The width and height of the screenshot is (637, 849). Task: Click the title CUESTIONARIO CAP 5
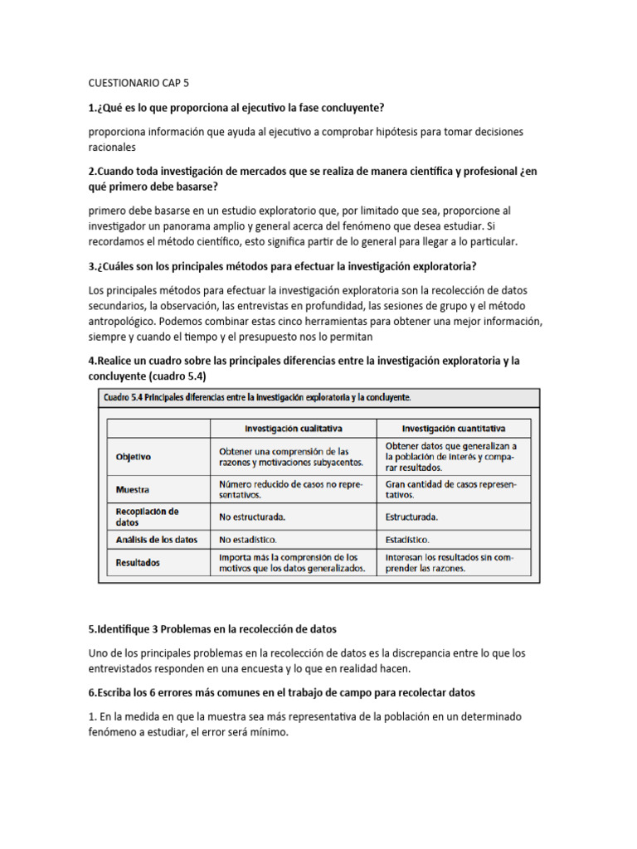click(139, 84)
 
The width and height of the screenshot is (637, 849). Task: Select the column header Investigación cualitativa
click(293, 429)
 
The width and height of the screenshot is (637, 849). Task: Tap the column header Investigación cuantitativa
click(454, 429)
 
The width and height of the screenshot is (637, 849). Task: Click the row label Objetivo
click(134, 457)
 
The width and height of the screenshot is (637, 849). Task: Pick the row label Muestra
click(132, 489)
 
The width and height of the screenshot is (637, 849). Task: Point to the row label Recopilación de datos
click(148, 517)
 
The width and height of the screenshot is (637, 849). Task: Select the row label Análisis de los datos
click(157, 540)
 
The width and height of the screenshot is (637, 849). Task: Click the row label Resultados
click(139, 562)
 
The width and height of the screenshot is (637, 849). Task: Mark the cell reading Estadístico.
click(411, 540)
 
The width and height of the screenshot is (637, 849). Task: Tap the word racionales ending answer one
click(112, 148)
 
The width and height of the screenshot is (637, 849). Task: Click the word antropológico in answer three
click(121, 322)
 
